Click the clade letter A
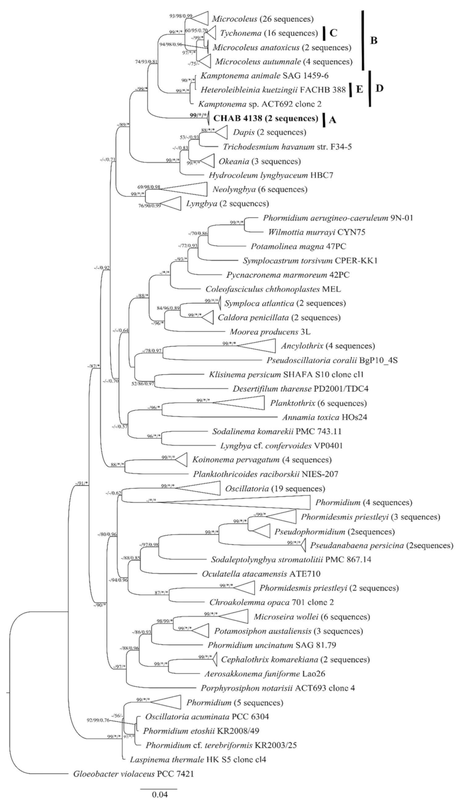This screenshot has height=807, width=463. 333,119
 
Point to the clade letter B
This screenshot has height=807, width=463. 374,41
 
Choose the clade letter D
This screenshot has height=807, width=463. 380,88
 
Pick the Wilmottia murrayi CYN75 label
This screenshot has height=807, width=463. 306,232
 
